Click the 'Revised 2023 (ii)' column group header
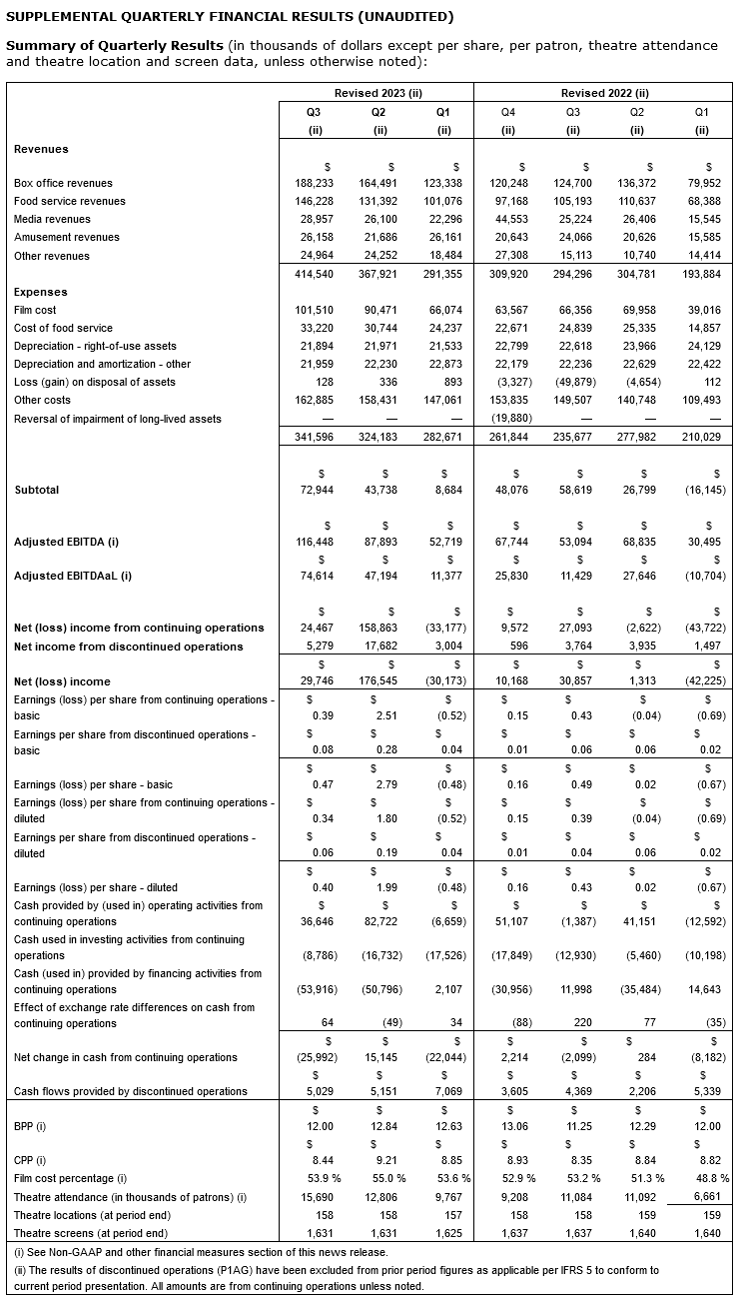tap(377, 93)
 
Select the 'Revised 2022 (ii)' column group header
tap(605, 93)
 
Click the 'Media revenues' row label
tap(52, 220)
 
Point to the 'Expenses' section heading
tap(41, 292)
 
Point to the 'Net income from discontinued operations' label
tap(129, 647)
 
